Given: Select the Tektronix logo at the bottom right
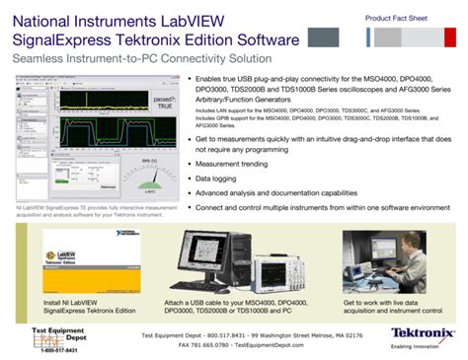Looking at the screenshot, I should click(x=423, y=334).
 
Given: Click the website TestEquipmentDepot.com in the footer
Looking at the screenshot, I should click(x=273, y=345).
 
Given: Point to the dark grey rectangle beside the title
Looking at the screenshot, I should click(x=327, y=37).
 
